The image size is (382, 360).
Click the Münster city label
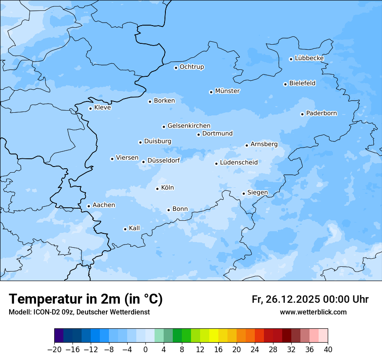[227, 91]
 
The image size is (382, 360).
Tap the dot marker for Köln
[157, 189]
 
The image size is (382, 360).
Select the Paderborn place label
[321, 113]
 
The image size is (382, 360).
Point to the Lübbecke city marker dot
[291, 59]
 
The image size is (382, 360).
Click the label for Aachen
[104, 205]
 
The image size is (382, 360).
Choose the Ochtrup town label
[191, 67]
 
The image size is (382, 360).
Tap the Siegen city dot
[244, 194]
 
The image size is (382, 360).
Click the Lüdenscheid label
[239, 163]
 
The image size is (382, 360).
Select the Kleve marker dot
[90, 108]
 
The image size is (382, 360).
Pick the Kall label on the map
[134, 228]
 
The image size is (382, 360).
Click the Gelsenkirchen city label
[189, 126]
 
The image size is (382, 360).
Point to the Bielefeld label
[302, 83]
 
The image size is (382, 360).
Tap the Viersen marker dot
[112, 159]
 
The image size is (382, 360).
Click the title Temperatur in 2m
[86, 299]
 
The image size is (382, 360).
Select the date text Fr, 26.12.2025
[286, 299]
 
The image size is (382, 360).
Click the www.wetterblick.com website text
[313, 312]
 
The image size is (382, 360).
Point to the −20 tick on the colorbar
[54, 350]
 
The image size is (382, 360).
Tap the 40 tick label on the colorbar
[328, 350]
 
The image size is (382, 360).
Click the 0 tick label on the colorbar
[145, 350]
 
